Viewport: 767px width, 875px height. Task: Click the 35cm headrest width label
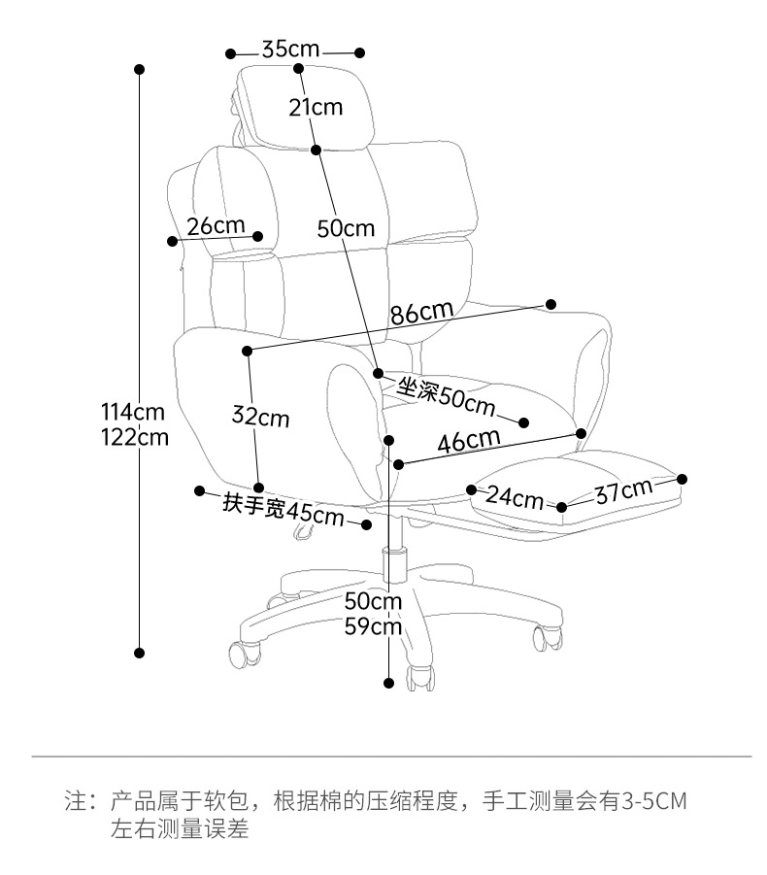pos(292,50)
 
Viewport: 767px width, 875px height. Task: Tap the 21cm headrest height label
pos(316,107)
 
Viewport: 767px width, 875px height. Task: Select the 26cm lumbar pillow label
pos(216,226)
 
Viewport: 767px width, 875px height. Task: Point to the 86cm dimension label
pos(422,313)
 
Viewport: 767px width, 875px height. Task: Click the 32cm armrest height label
pos(260,418)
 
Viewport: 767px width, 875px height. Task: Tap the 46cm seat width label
pos(468,441)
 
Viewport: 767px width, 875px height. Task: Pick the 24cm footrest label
pos(515,497)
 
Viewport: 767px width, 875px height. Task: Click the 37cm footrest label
pos(623,490)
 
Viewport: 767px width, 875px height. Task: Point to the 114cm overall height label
pos(134,412)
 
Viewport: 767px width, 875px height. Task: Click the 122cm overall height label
pos(134,437)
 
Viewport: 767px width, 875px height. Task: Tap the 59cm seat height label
pos(374,626)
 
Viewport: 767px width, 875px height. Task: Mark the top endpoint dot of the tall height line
pos(140,70)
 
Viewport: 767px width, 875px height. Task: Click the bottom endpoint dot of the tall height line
pos(140,653)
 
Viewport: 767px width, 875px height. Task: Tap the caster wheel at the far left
pos(246,652)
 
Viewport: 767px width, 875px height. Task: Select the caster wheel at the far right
pos(546,638)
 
